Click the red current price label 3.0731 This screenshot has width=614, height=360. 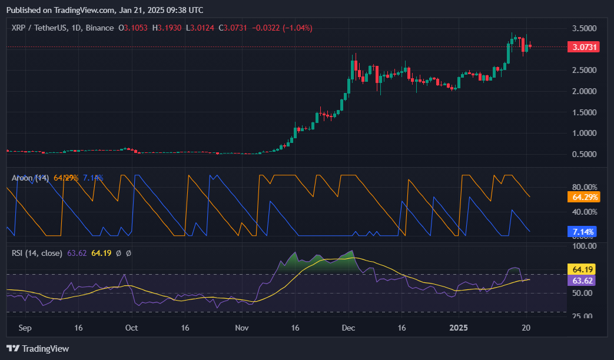(x=583, y=47)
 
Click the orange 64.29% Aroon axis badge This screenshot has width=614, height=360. (x=583, y=196)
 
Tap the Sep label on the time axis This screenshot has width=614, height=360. (x=25, y=328)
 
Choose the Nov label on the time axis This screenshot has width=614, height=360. (x=241, y=328)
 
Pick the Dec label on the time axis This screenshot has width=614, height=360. (x=349, y=328)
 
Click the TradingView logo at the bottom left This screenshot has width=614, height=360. (x=38, y=349)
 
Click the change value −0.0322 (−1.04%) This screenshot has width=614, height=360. (x=281, y=28)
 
